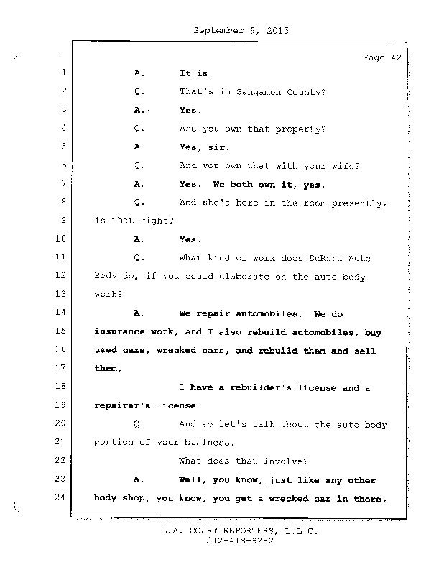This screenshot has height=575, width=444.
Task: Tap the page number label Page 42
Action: (381, 58)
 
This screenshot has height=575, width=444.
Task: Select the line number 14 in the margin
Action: (60, 313)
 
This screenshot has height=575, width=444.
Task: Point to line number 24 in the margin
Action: (60, 497)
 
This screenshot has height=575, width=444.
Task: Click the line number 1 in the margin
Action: (63, 72)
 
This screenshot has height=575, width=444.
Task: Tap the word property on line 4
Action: (302, 129)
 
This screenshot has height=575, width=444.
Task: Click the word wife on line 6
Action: (346, 165)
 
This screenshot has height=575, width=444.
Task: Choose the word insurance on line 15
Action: (120, 331)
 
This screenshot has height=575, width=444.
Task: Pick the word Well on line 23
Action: (192, 479)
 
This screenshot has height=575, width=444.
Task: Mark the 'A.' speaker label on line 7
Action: (139, 184)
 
